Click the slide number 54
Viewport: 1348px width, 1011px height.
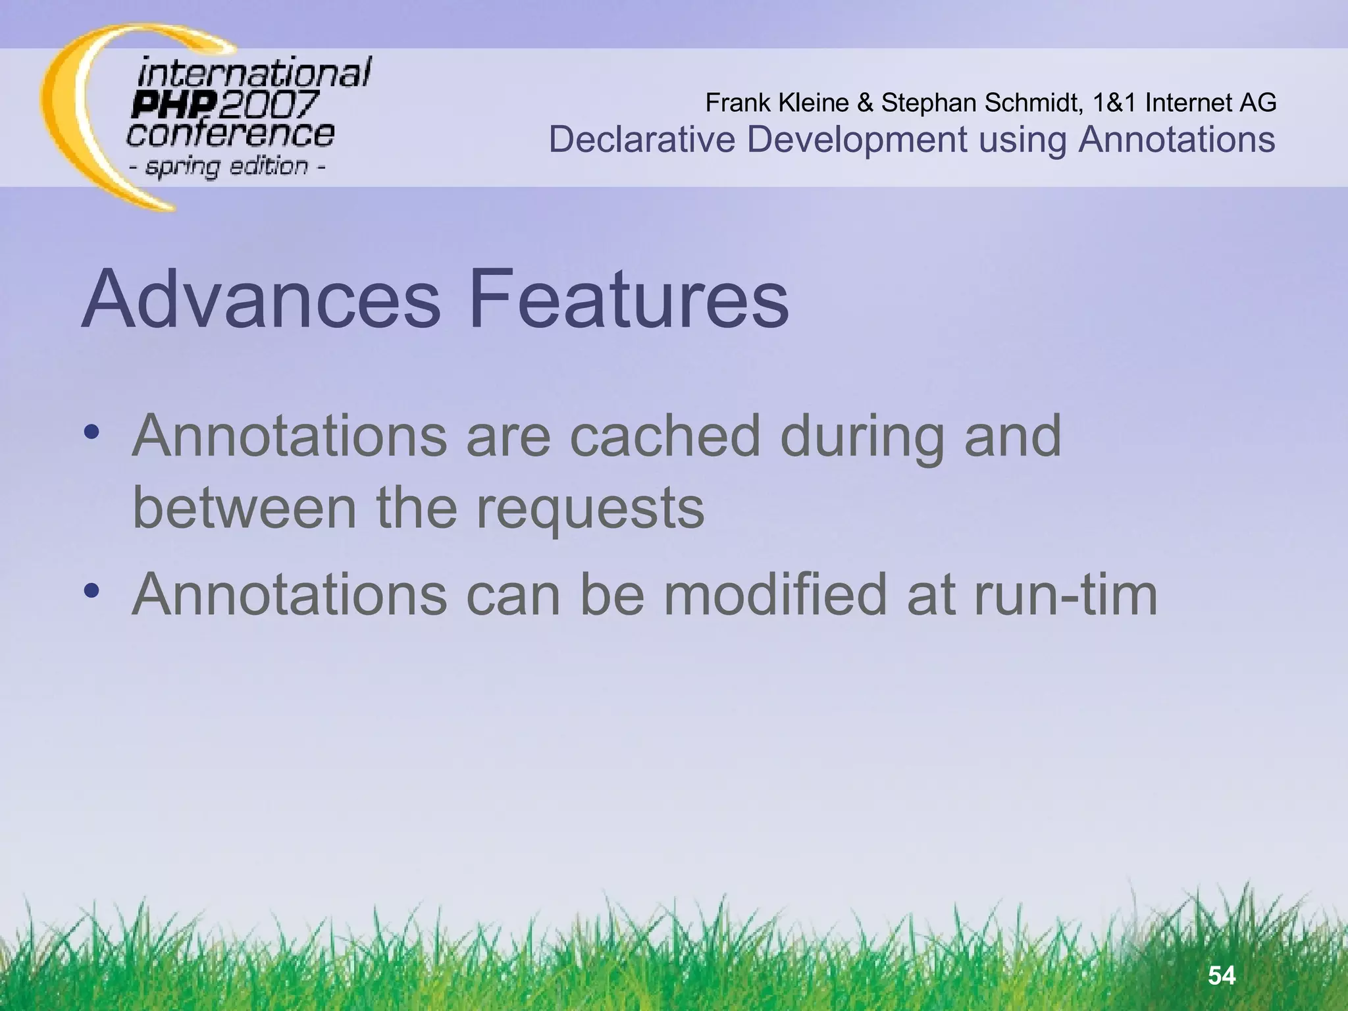[1222, 975]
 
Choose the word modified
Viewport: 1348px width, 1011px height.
[775, 594]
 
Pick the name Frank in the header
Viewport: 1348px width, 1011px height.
[738, 103]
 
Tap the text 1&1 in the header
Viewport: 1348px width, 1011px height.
[1114, 103]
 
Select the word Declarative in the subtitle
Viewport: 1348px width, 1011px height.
[642, 140]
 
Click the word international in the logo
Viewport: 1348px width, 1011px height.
[254, 72]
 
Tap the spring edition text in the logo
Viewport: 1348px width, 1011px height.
[226, 167]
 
